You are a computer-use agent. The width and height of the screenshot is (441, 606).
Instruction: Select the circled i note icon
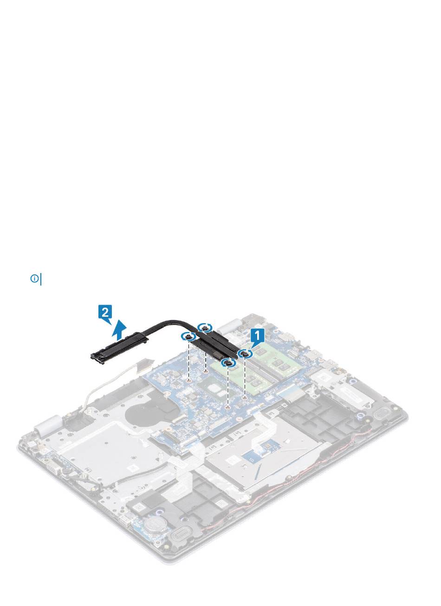coord(34,279)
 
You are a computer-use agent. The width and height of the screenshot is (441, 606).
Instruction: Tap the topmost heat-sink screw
coord(205,327)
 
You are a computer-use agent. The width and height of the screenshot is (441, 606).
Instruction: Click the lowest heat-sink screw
coord(227,363)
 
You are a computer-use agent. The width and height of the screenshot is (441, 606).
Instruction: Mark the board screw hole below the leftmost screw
coord(189,380)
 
